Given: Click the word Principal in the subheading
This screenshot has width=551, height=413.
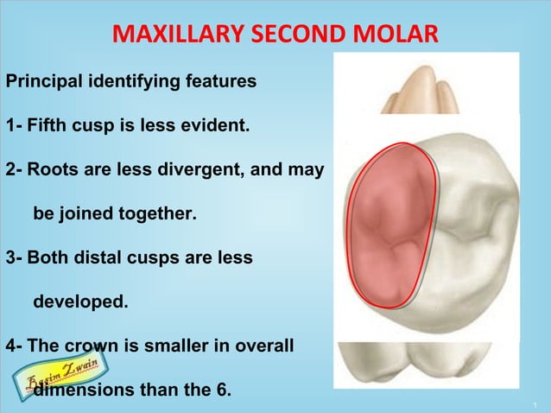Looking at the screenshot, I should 44,83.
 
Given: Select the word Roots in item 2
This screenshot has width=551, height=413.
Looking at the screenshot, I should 51,171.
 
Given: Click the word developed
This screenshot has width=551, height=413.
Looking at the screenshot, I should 79,302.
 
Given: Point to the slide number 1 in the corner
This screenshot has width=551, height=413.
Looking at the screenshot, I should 535,403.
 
